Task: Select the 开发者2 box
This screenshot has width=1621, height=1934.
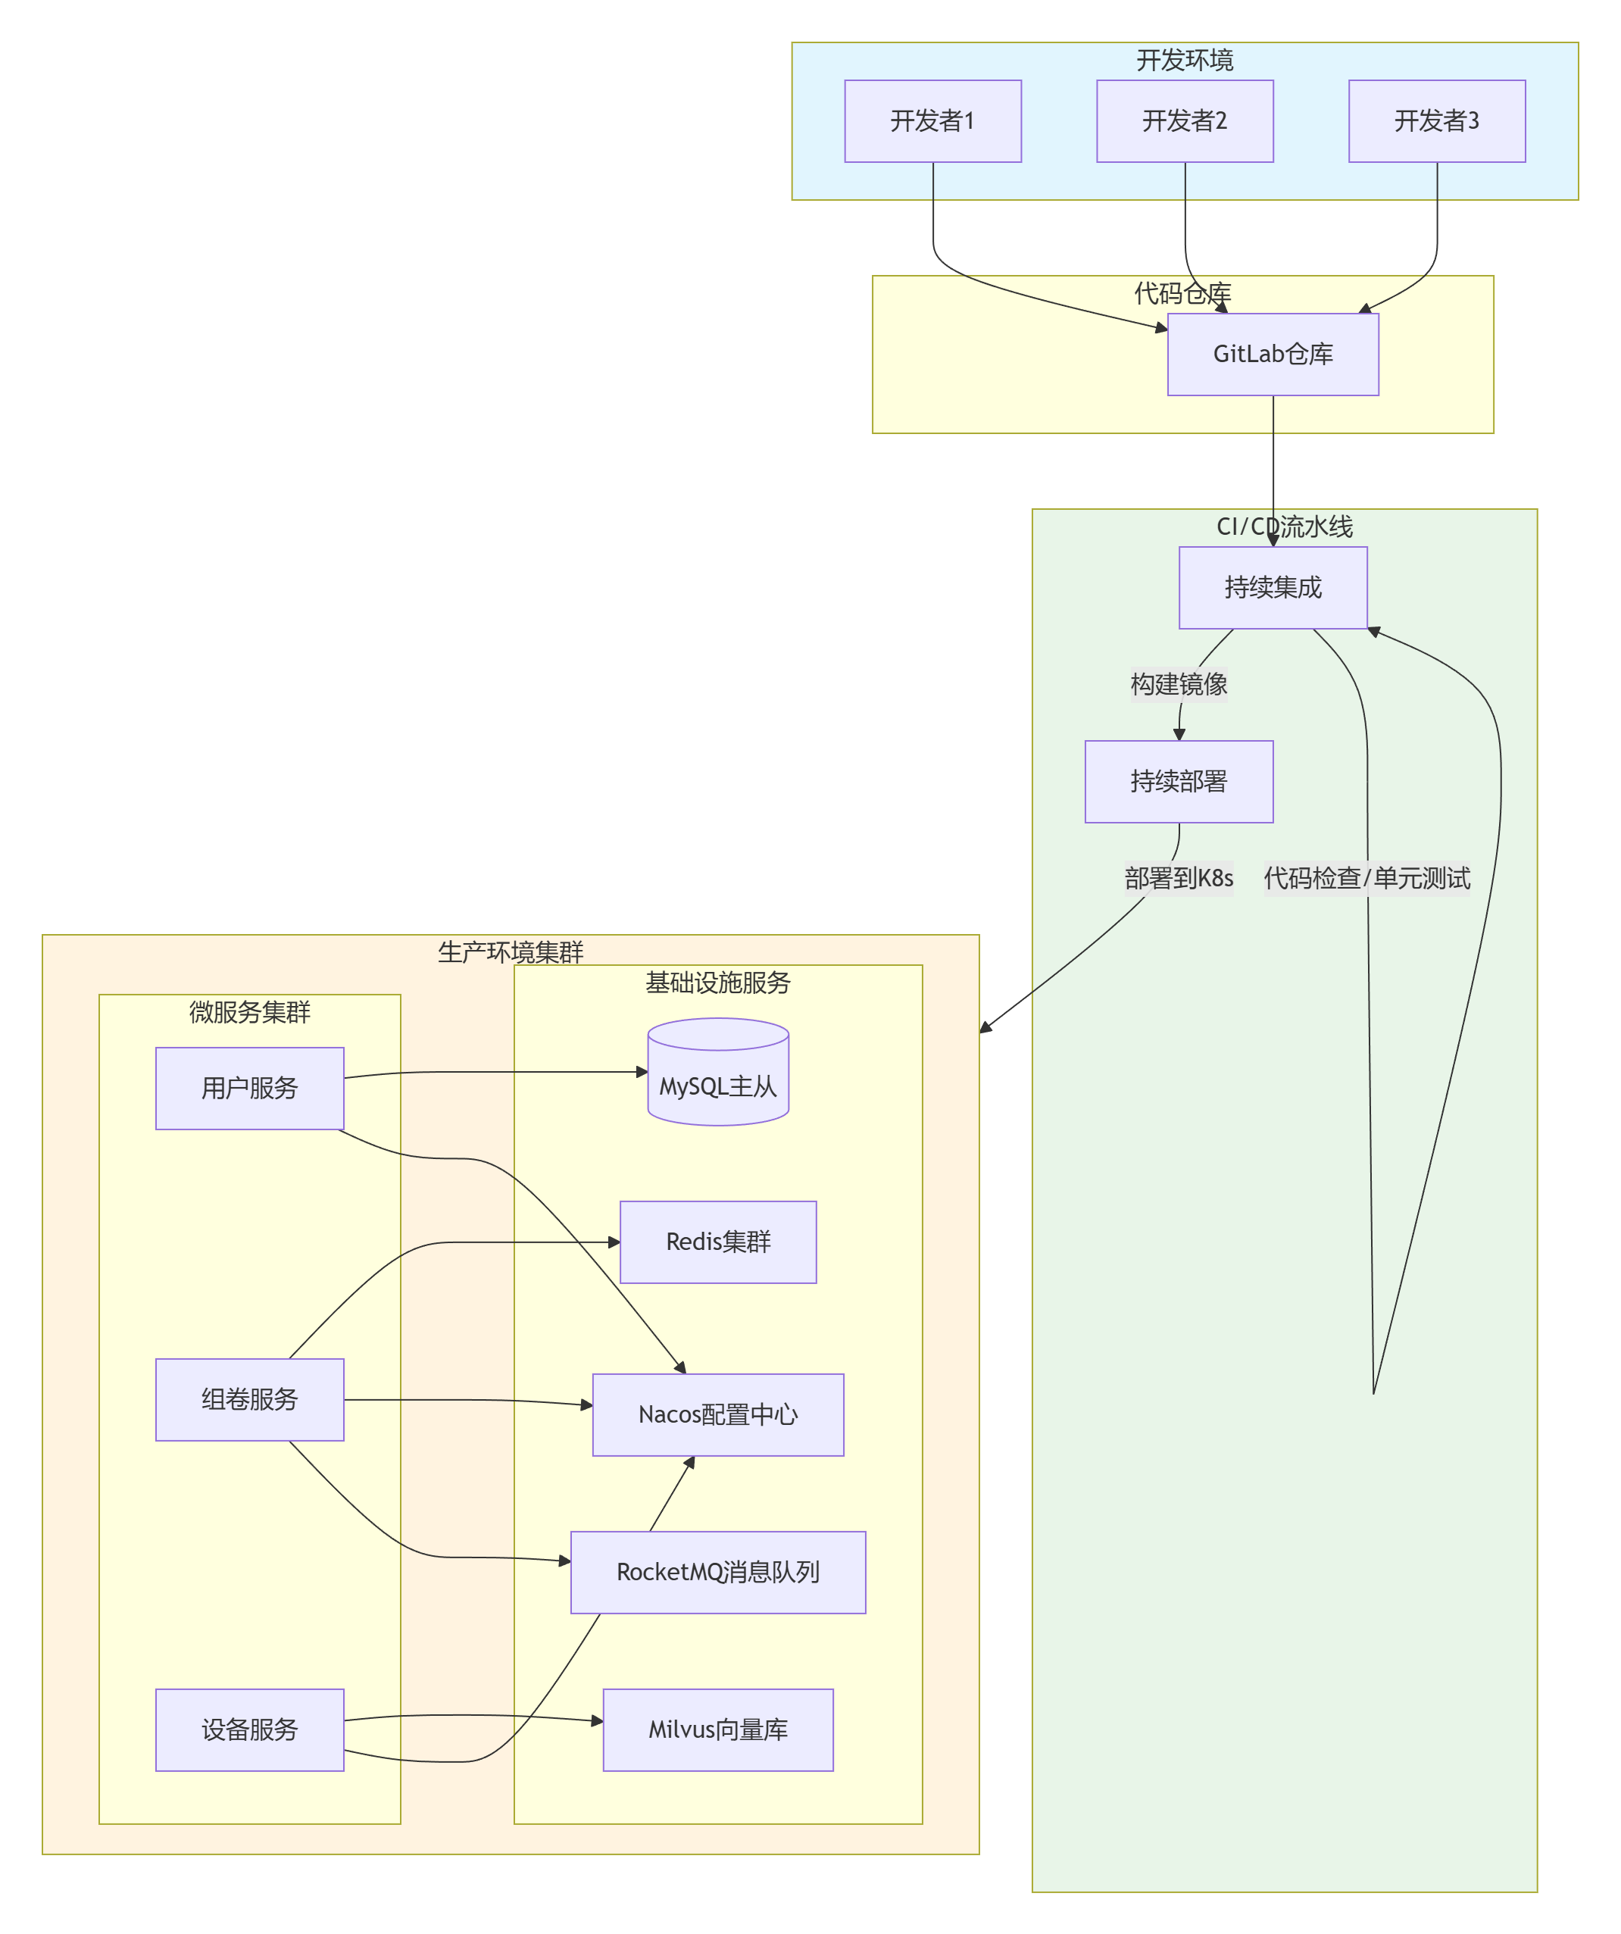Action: click(1185, 120)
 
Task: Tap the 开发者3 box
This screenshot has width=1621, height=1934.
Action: click(1436, 120)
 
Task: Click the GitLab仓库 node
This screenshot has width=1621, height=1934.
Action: click(1272, 354)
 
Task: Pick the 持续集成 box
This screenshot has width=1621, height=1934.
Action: click(1272, 588)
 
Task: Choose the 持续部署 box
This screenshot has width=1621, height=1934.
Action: click(1178, 781)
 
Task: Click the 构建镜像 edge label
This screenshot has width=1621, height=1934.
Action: click(1178, 684)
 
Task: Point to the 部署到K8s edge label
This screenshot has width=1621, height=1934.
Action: click(1178, 878)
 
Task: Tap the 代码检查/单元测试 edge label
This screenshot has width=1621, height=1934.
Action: click(1366, 878)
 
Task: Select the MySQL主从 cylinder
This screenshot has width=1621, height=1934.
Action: click(717, 1077)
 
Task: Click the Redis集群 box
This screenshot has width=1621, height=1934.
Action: click(717, 1242)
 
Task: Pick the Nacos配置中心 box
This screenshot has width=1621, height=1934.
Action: click(717, 1414)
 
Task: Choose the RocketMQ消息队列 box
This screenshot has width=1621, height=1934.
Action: click(717, 1572)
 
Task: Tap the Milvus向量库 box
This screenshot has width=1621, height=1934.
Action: click(717, 1729)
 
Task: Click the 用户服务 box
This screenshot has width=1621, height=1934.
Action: click(250, 1088)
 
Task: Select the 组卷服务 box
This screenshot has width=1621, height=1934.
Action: click(250, 1399)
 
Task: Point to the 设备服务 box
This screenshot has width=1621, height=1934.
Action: click(250, 1729)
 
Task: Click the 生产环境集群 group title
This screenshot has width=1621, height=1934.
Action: click(511, 951)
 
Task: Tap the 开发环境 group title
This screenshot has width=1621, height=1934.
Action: click(1185, 60)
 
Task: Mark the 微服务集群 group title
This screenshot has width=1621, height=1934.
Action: click(250, 1012)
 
